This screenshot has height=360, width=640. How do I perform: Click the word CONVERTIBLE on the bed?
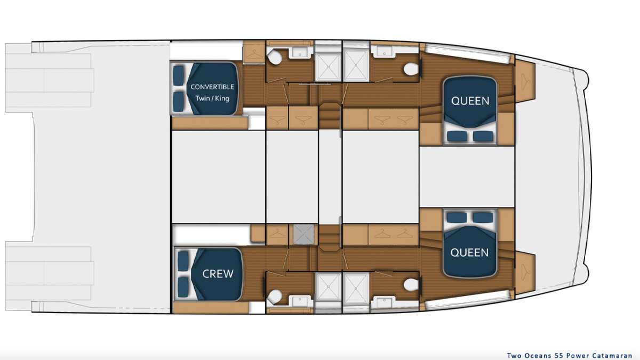coord(212,87)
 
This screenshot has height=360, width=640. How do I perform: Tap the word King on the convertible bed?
coord(222,99)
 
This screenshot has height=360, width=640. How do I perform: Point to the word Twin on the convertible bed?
coord(202,99)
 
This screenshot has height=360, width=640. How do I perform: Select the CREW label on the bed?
coord(218,274)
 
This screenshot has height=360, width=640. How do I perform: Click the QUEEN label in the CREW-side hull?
coord(469,253)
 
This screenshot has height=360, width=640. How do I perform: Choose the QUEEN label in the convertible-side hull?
coord(470,101)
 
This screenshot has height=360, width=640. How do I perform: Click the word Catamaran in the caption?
coord(612,356)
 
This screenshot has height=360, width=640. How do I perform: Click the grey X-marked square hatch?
coord(303,235)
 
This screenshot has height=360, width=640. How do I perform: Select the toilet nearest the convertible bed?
coord(275,58)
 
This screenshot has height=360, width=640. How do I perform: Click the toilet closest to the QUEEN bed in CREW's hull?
coord(411,285)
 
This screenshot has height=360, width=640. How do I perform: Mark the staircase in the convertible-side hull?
coord(329,117)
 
